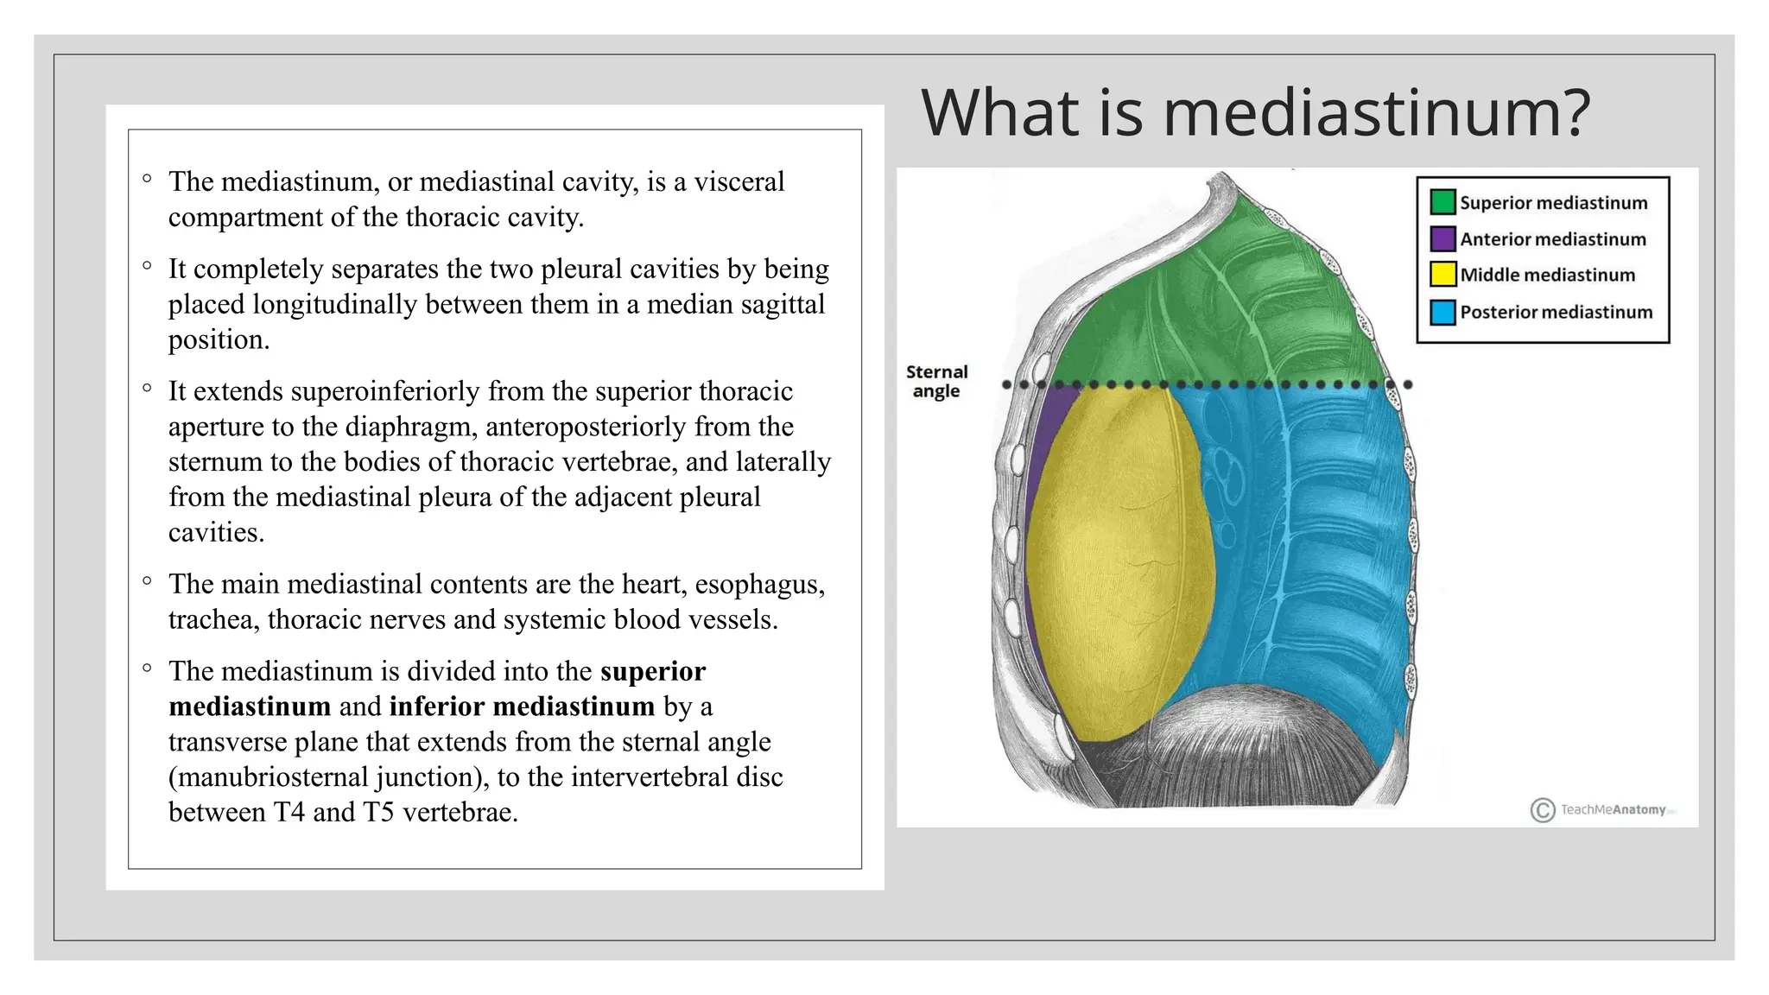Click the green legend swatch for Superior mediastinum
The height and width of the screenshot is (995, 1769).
point(1442,202)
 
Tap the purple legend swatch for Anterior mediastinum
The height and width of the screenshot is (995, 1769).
point(1442,238)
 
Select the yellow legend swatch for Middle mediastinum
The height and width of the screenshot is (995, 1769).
point(1442,275)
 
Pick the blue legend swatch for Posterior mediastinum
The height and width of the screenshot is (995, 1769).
point(1442,312)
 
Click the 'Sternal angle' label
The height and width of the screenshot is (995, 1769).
point(936,381)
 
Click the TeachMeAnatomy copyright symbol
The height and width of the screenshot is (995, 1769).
point(1542,810)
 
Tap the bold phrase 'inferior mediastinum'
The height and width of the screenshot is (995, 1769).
point(522,707)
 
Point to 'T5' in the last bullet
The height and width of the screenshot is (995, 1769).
point(378,813)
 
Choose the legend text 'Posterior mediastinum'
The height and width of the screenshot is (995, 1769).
point(1556,312)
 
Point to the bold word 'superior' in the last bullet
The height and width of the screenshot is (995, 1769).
point(653,671)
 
